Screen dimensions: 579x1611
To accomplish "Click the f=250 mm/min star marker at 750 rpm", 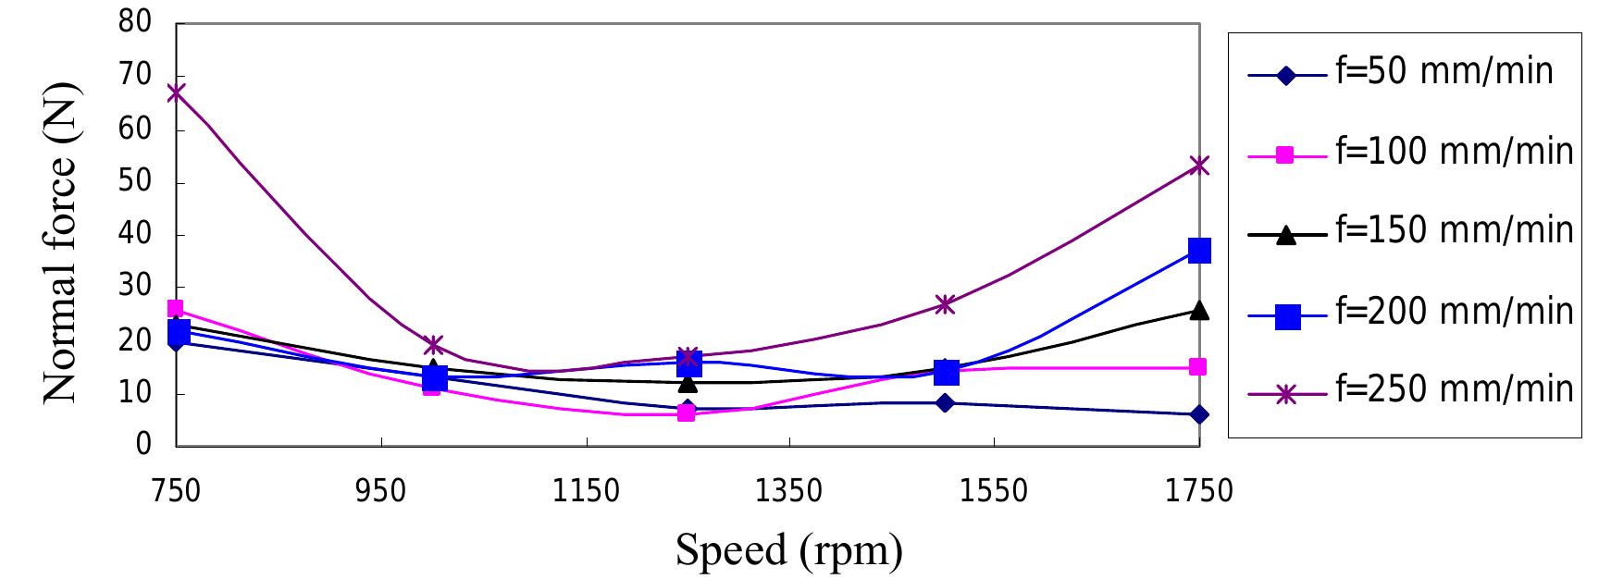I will tap(176, 92).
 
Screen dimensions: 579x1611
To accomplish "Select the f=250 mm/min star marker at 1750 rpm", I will tap(1199, 166).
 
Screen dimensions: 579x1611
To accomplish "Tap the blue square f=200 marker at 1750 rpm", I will tap(1199, 250).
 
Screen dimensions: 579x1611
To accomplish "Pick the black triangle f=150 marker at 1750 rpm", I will tap(1199, 310).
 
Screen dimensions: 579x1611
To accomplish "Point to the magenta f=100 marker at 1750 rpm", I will tap(1199, 367).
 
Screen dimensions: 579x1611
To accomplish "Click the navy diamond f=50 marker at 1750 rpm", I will tap(1199, 414).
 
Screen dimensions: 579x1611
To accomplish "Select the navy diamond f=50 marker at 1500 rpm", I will tap(945, 402).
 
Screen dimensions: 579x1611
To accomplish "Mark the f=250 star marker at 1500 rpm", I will tap(945, 303).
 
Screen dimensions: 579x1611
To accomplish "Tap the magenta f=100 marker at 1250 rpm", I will tap(686, 413).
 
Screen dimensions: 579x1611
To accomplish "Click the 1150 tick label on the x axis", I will tap(584, 491).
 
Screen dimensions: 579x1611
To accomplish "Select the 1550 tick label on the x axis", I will tap(993, 491).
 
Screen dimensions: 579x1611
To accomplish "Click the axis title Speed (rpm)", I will tap(788, 551).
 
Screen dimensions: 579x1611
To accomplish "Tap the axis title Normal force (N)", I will tap(63, 244).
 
